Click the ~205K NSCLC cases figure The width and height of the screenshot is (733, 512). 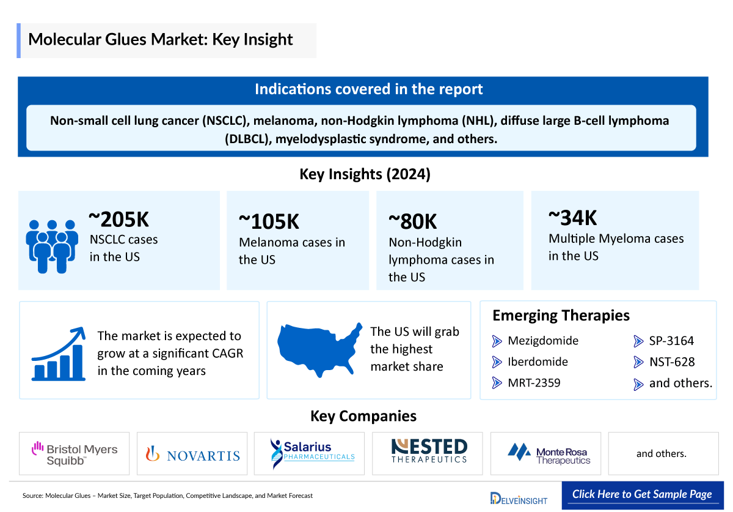[x=119, y=220]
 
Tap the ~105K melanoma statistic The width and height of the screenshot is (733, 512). [x=269, y=222]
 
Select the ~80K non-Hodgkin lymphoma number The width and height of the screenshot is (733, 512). [x=413, y=222]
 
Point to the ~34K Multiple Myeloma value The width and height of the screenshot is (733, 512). [x=572, y=218]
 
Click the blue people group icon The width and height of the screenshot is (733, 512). [x=52, y=246]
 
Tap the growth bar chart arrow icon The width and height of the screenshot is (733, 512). [x=59, y=353]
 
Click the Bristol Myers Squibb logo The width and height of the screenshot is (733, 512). [x=75, y=454]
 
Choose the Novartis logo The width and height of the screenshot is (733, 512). [x=192, y=454]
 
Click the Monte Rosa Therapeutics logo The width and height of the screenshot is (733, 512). [x=549, y=454]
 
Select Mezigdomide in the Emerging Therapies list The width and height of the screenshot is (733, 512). [x=542, y=341]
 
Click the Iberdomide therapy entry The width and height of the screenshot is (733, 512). [x=538, y=362]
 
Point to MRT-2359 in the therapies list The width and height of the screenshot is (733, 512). [x=534, y=383]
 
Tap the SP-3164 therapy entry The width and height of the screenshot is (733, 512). [x=671, y=341]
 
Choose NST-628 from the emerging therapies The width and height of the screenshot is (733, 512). [x=672, y=362]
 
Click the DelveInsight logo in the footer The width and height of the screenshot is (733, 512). [x=519, y=497]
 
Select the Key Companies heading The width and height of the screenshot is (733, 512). [x=363, y=417]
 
